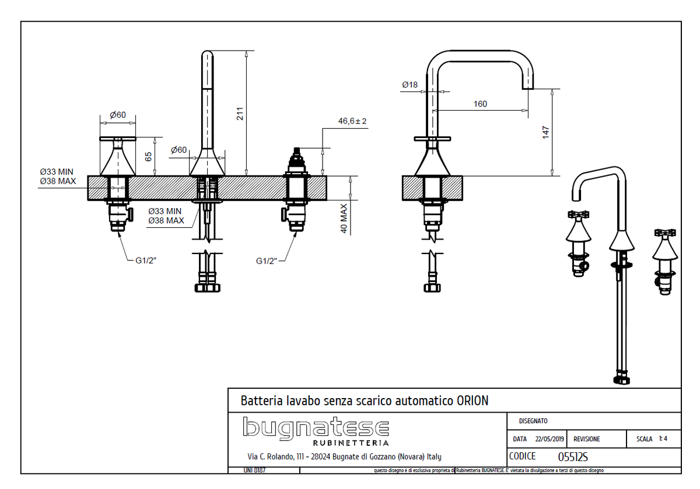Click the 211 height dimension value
tap(239, 114)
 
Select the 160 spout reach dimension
tap(480, 104)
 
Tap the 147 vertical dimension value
tap(545, 132)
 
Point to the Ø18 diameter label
tap(409, 85)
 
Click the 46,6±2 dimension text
tap(356, 121)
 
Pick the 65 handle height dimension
tap(148, 156)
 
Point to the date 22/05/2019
tap(549, 439)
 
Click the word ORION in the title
tap(473, 401)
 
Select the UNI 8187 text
tap(254, 470)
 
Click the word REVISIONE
tap(586, 439)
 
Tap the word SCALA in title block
tap(645, 439)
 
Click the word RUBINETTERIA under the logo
tap(355, 444)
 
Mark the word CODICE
tap(522, 457)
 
